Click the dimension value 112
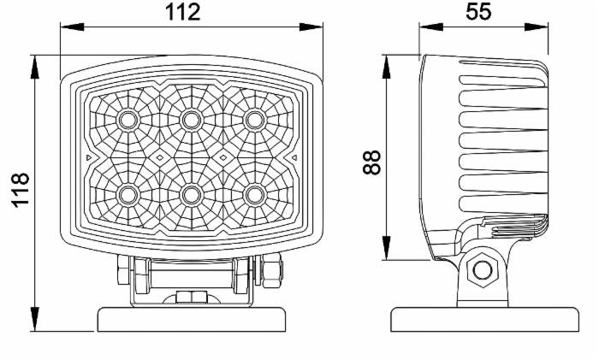coord(182,12)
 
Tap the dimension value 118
coord(20,190)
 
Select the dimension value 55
coord(477,11)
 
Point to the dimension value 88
coord(371,162)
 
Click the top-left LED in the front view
coord(128,121)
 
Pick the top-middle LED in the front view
coord(191,121)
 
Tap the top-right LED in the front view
coord(254,121)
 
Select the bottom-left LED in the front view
coord(128,196)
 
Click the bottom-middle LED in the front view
coord(191,196)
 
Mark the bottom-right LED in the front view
coord(254,196)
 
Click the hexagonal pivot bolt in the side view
coord(483,270)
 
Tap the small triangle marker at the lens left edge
coord(89,157)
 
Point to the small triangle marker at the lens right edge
coord(294,157)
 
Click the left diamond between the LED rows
coord(160,157)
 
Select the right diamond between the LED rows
coord(223,157)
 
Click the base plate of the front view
coord(192,320)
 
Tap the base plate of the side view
coord(485,320)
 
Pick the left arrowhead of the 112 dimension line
coord(72,27)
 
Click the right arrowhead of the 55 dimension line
coord(537,27)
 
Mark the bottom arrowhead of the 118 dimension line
coord(35,319)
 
